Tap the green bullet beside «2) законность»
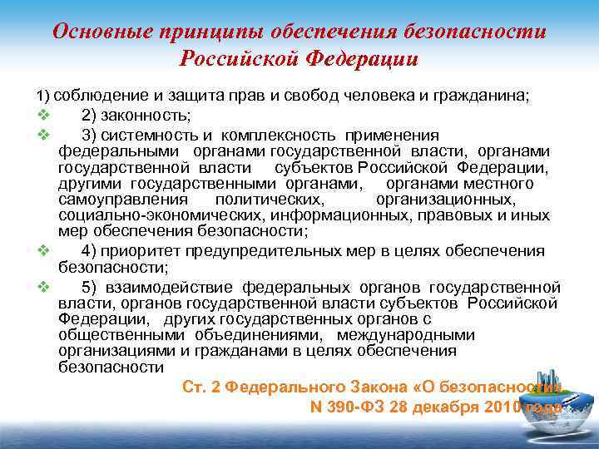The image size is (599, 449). point(44,115)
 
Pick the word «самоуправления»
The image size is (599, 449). point(123,200)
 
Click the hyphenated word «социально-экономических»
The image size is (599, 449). point(149,215)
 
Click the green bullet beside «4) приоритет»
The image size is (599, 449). point(44,251)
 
